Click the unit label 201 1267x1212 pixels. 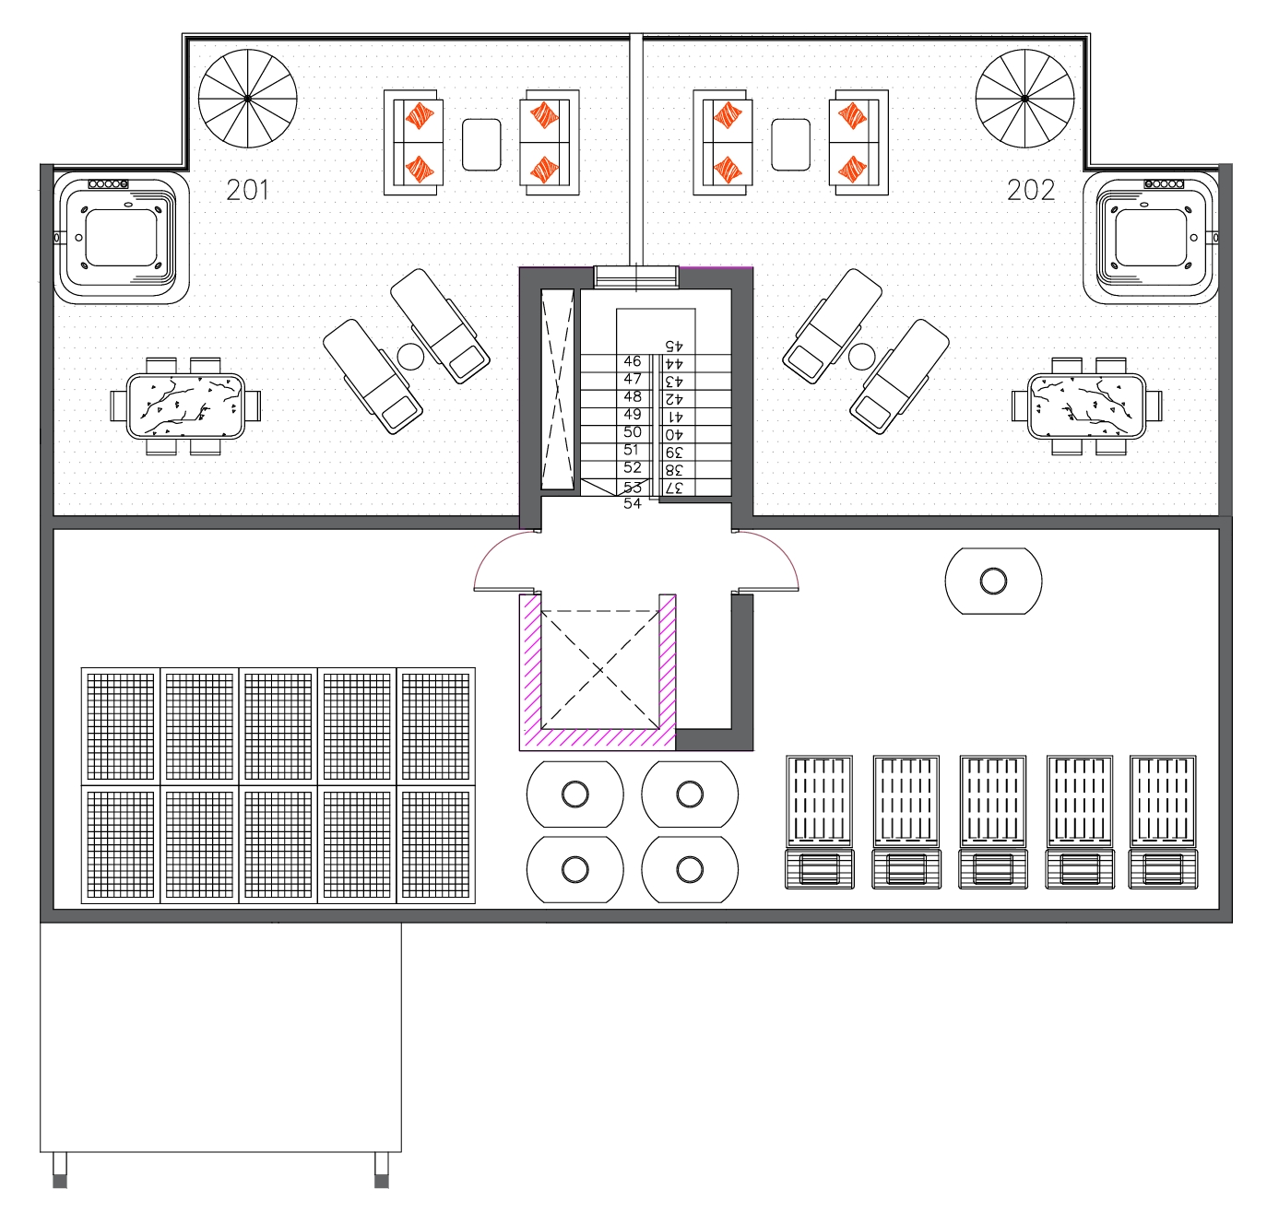click(x=247, y=190)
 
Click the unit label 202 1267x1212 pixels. click(x=1030, y=190)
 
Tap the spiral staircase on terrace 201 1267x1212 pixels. click(x=248, y=98)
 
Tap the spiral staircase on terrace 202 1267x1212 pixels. click(x=1024, y=98)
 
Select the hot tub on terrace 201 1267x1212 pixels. click(x=121, y=238)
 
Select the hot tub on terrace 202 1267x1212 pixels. click(x=1151, y=238)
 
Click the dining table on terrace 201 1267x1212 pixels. click(x=185, y=406)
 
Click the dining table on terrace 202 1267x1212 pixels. click(x=1087, y=406)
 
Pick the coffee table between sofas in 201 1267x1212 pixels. click(x=481, y=145)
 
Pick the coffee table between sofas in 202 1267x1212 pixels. click(x=790, y=145)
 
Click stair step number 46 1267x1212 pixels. click(x=633, y=361)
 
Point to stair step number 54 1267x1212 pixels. click(x=633, y=503)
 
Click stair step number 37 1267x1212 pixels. click(x=674, y=488)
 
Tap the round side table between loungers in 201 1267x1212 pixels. click(x=409, y=356)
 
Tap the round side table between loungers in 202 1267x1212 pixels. click(x=861, y=356)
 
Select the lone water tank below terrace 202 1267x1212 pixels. click(x=993, y=581)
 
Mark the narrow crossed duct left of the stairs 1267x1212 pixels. click(x=557, y=389)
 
